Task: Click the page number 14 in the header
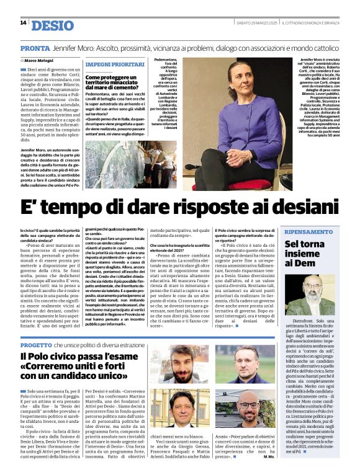(23, 23)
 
